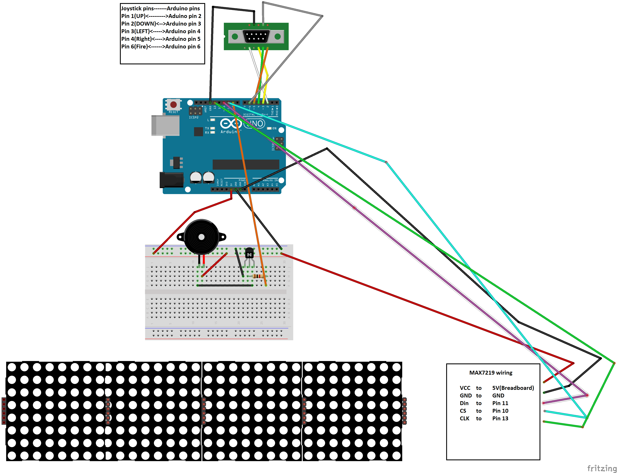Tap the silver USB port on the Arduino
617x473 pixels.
(165, 125)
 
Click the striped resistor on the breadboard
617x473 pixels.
(258, 276)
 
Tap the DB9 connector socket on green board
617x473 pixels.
(256, 36)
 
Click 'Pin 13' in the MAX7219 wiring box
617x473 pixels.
(500, 418)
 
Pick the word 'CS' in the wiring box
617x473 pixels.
(463, 411)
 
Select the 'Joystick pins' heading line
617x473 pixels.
(160, 8)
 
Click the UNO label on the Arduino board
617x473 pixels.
(255, 123)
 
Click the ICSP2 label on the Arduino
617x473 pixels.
(193, 117)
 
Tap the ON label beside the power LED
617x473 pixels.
(274, 128)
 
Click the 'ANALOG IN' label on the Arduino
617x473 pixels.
(270, 180)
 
